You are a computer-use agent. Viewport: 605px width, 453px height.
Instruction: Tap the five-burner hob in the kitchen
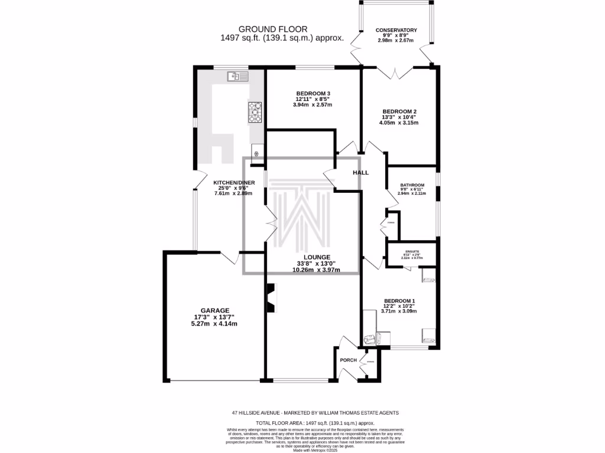(255, 111)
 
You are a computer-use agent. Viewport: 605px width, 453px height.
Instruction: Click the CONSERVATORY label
(396, 30)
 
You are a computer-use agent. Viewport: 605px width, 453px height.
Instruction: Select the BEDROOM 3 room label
(313, 93)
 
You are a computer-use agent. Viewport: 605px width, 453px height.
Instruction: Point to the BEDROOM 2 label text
(400, 111)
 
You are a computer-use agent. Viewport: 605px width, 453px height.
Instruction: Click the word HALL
(360, 173)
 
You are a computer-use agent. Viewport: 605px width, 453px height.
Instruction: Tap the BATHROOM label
(412, 185)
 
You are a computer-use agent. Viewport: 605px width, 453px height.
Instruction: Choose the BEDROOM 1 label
(400, 300)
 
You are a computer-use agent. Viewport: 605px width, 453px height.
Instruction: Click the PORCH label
(348, 360)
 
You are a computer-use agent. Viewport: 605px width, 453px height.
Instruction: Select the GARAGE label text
(214, 310)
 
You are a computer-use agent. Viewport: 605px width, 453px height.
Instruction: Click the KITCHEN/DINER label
(234, 183)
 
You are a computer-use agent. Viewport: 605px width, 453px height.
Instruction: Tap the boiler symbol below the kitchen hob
(257, 153)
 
